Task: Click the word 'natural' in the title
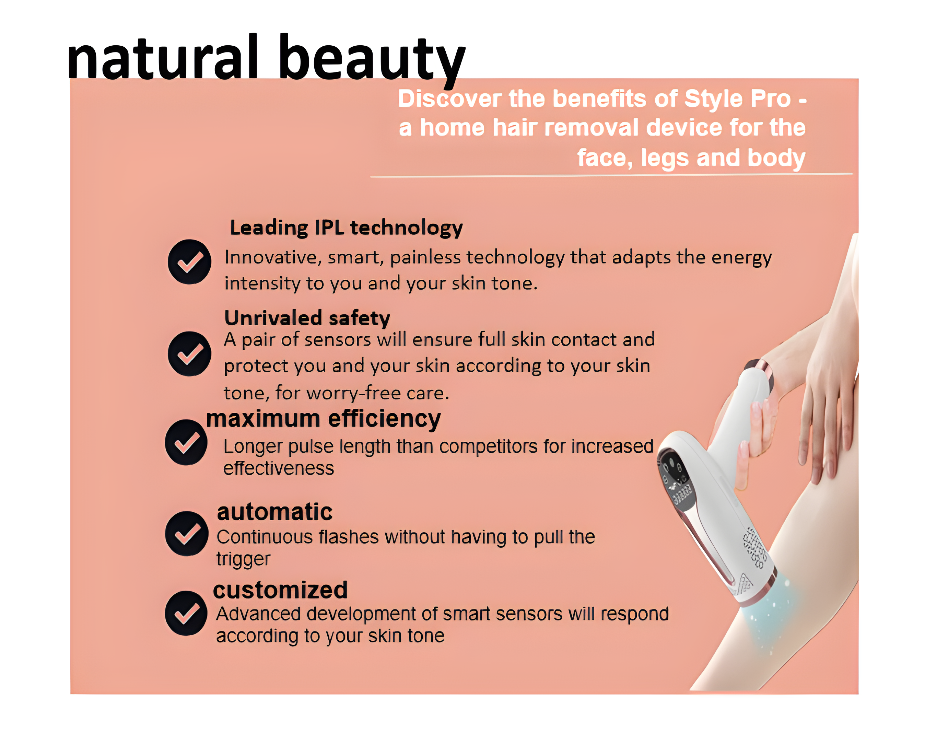(163, 57)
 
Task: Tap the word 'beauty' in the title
(372, 60)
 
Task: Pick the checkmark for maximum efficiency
(187, 442)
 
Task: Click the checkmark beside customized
(187, 613)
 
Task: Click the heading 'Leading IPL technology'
(347, 228)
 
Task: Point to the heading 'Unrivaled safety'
(307, 318)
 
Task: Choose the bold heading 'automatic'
(274, 512)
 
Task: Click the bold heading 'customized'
(280, 590)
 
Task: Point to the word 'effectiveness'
(279, 468)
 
